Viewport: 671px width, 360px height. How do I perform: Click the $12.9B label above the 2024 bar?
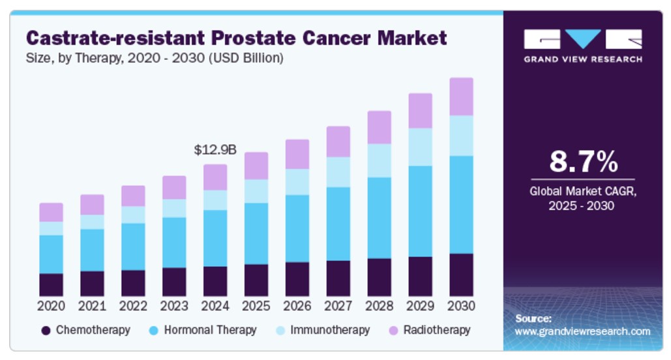[215, 150]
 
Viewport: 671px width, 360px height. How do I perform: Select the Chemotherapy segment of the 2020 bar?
[52, 284]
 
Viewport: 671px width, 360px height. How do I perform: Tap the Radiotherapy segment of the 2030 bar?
[461, 97]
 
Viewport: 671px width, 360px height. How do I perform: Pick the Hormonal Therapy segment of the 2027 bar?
[338, 224]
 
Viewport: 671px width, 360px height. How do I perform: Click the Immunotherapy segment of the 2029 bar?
[420, 147]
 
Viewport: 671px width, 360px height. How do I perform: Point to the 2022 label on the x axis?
[133, 306]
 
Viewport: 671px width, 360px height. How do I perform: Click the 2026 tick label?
[297, 306]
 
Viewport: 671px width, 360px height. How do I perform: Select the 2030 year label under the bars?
[461, 306]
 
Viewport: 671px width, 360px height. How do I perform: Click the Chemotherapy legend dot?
[46, 331]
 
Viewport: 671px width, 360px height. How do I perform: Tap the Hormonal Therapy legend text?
[210, 330]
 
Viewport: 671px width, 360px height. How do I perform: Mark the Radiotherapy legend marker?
[393, 331]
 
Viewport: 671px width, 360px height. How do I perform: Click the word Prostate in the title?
[253, 38]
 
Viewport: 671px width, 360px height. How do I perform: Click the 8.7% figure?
[583, 161]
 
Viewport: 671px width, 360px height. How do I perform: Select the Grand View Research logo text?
[583, 59]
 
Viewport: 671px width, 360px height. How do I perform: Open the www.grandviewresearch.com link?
[582, 331]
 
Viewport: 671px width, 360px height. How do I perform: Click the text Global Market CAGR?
[583, 191]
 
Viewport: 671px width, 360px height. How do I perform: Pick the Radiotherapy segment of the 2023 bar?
[174, 187]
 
